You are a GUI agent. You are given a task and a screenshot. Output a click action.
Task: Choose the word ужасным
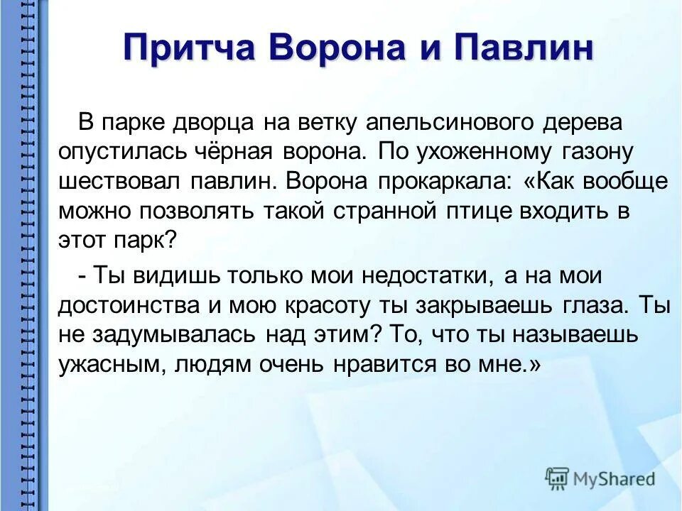107,364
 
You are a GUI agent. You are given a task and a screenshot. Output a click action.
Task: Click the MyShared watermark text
615,479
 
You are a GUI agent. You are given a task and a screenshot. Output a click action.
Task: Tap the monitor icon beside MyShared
557,478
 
